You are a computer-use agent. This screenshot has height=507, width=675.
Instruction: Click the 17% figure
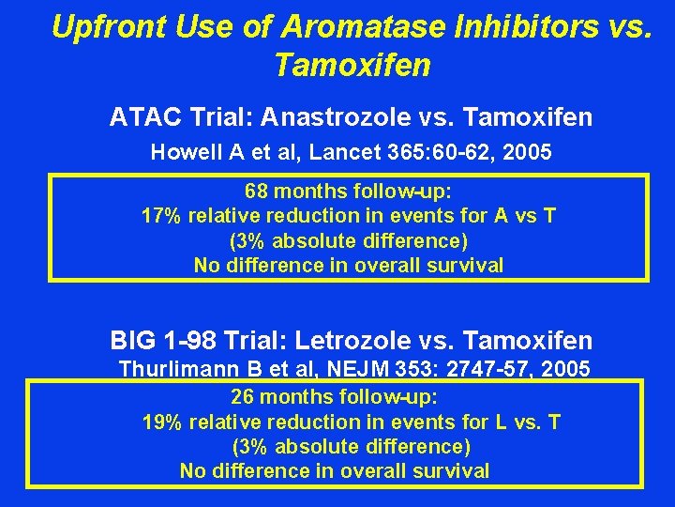pos(160,217)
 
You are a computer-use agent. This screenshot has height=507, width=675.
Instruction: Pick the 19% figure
pos(161,422)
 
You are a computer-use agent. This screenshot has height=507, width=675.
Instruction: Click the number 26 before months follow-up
pos(243,397)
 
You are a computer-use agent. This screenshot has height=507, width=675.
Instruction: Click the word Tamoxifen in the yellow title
pos(352,66)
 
